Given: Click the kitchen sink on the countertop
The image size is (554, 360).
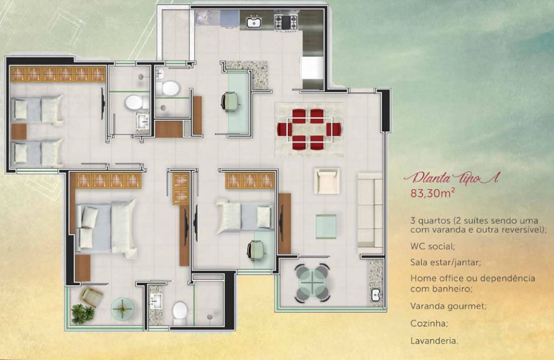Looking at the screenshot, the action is point(253,22).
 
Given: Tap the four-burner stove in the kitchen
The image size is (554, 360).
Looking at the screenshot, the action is point(286,22).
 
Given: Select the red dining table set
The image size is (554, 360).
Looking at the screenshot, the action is point(309,129).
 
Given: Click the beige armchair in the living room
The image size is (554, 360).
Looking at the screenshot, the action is point(327,181).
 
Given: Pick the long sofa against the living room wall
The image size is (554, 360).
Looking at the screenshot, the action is point(370,210).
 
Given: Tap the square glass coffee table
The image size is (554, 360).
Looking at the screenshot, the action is point(326,226).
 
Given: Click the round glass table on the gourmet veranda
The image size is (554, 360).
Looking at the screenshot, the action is point(312,283).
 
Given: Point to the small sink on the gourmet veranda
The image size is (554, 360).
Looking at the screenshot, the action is point(375,294).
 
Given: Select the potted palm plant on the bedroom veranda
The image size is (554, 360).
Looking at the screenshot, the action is point(83,313).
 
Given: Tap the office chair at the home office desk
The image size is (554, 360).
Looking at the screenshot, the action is point(230,101).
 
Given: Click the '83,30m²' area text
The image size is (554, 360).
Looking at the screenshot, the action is point(432,193).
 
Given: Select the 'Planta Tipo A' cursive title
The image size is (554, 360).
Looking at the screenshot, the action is point(452,178).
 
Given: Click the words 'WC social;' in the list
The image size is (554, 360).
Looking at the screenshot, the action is point(432,246).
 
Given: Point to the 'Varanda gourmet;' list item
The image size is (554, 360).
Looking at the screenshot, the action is point(449,306).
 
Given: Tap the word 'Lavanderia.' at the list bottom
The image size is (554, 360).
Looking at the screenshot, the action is point(434,341).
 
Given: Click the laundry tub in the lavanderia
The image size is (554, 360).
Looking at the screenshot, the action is point(203,17).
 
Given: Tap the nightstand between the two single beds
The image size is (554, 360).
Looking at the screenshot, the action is point(19,132).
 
